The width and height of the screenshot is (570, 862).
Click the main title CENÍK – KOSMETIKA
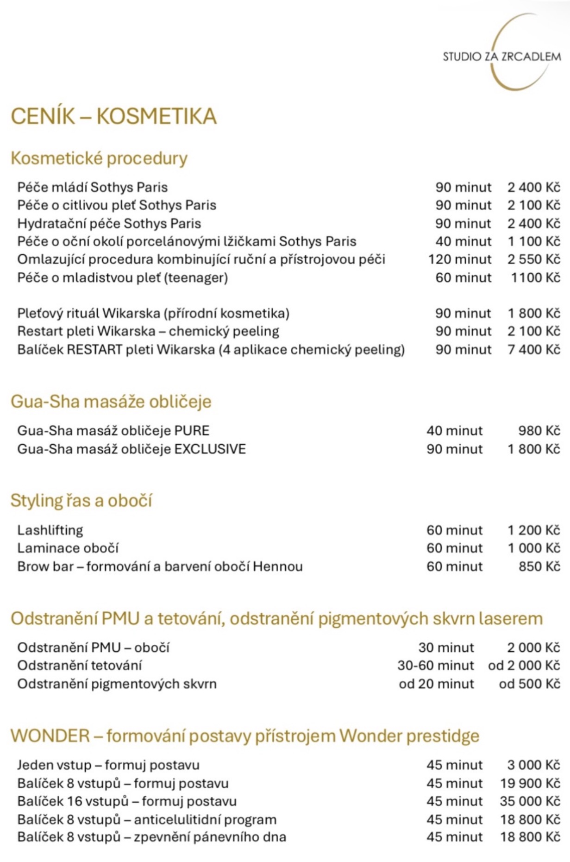pyautogui.click(x=113, y=116)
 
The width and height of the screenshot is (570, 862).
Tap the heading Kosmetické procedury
pyautogui.click(x=99, y=158)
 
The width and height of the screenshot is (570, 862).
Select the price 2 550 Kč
pyautogui.click(x=533, y=259)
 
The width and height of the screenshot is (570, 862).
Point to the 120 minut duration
pyautogui.click(x=459, y=259)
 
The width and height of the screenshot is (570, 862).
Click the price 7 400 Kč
pyautogui.click(x=533, y=349)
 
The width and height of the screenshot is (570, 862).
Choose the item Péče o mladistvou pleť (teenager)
pyautogui.click(x=123, y=278)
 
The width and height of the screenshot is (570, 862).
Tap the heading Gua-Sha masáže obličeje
pyautogui.click(x=111, y=402)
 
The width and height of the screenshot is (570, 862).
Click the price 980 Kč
pyautogui.click(x=539, y=431)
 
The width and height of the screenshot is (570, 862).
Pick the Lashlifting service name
pyautogui.click(x=50, y=530)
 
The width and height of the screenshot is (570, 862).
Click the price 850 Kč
pyautogui.click(x=539, y=566)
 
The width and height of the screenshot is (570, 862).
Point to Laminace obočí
pyautogui.click(x=68, y=548)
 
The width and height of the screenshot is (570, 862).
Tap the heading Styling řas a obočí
pyautogui.click(x=81, y=501)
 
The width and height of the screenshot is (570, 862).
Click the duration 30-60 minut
pyautogui.click(x=435, y=666)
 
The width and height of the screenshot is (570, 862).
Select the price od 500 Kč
pyautogui.click(x=529, y=684)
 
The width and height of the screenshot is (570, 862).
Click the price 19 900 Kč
pyautogui.click(x=530, y=784)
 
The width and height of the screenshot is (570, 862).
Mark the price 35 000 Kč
pyautogui.click(x=530, y=801)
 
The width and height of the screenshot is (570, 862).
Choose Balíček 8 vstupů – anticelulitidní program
pyautogui.click(x=147, y=820)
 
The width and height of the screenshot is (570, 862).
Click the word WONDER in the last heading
pyautogui.click(x=50, y=736)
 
